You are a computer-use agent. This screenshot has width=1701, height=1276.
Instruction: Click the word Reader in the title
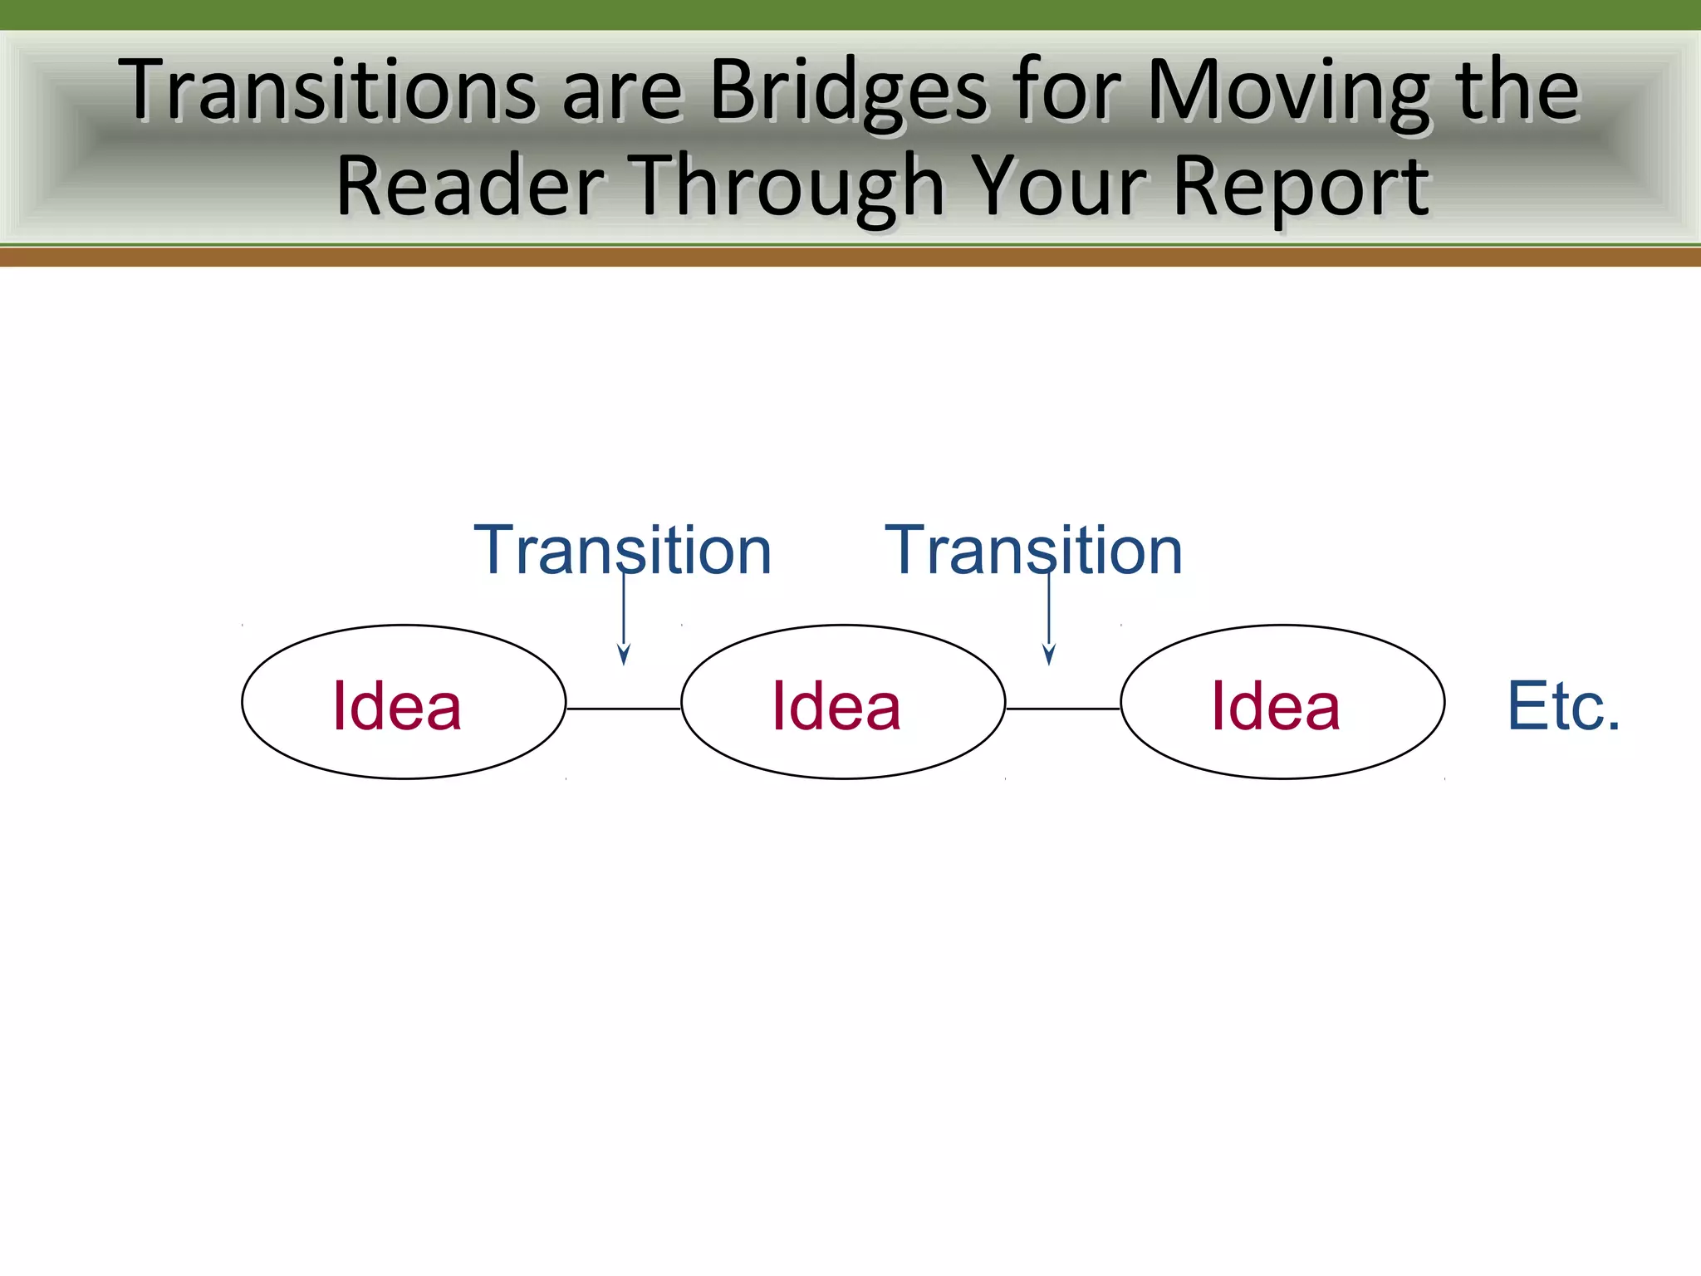click(x=470, y=187)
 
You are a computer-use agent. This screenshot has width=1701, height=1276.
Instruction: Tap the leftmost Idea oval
click(x=404, y=703)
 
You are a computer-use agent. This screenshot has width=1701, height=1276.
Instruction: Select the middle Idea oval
click(x=843, y=703)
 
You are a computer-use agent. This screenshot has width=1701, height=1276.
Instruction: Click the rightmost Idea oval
click(x=1282, y=703)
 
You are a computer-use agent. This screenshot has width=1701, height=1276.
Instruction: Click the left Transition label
click(x=622, y=550)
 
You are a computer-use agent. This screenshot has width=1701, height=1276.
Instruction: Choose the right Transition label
click(x=1033, y=550)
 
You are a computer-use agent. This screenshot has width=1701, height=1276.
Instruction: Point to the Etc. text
click(x=1563, y=706)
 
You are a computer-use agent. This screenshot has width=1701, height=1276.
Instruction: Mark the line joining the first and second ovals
click(x=623, y=709)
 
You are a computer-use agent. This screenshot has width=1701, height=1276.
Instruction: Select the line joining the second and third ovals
click(x=1062, y=709)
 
